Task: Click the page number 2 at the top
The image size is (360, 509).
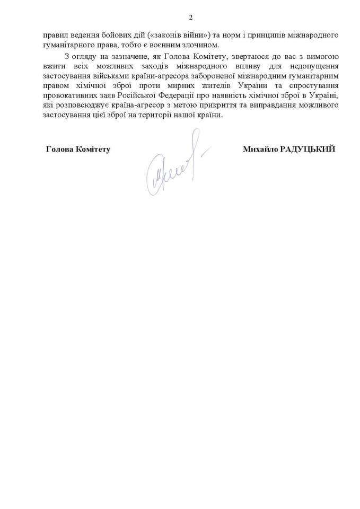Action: point(180,15)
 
